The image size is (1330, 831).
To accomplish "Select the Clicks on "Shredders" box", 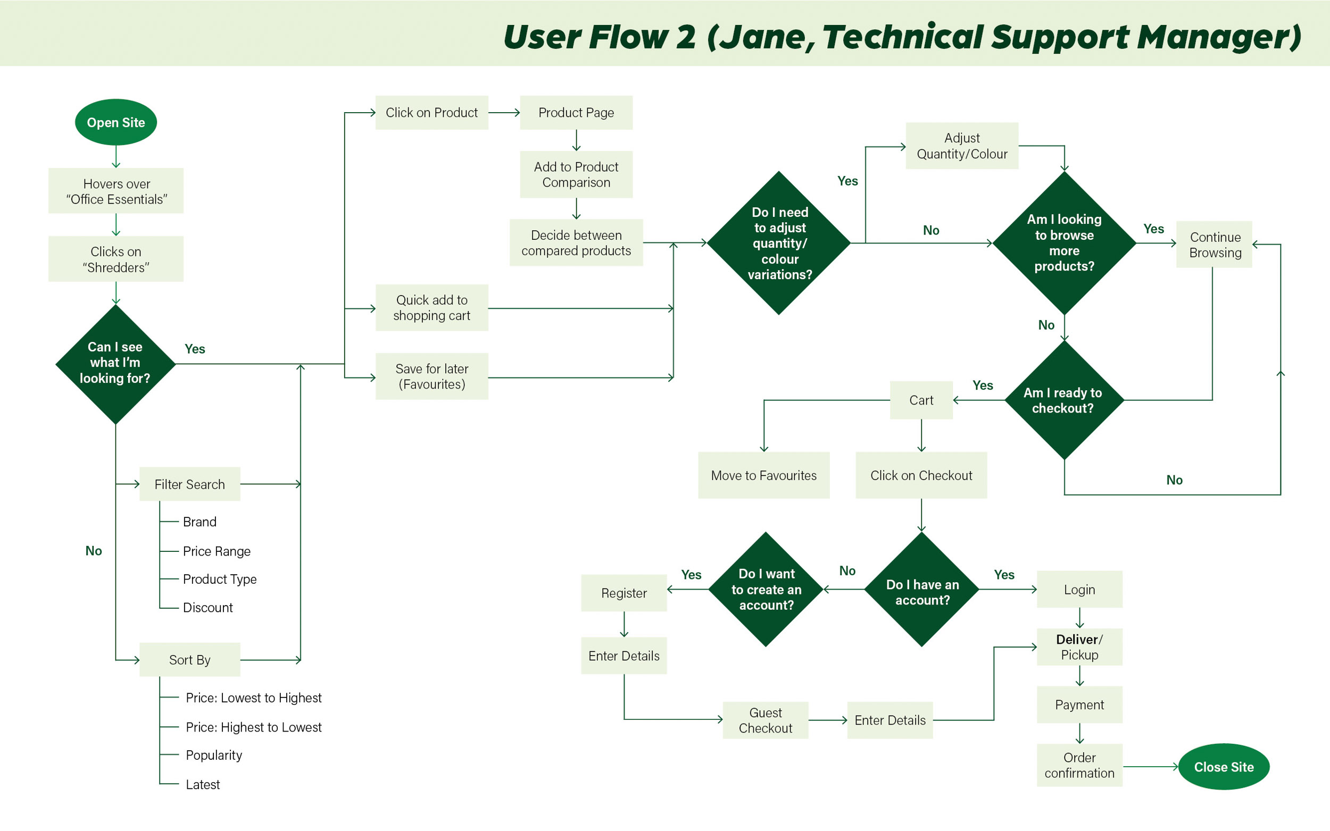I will coord(115,259).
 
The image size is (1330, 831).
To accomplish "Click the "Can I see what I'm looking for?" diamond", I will coord(115,363).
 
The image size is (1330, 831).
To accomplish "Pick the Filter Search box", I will coord(190,484).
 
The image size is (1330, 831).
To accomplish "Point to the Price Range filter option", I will coord(217,551).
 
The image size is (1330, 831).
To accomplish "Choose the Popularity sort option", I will coord(214,754).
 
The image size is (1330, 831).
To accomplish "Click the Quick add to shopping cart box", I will coord(431,307).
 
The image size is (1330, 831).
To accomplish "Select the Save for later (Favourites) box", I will coord(431,376).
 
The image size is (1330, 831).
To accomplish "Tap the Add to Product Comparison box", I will coord(576,174).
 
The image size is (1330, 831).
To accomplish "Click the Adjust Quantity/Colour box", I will coord(962,146).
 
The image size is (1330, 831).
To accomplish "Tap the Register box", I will coord(624,592).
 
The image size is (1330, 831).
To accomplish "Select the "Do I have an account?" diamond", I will coord(921,589).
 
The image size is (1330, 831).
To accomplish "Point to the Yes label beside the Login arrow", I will coord(1004,574).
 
